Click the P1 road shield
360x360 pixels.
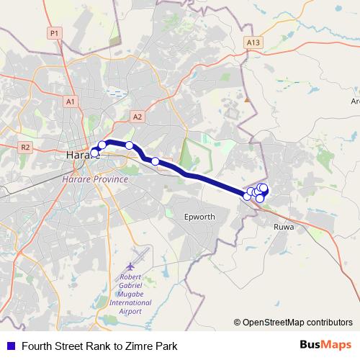tap(53, 32)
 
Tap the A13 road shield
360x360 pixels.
tap(252, 42)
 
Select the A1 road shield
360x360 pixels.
tap(71, 102)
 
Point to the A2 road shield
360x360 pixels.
tap(138, 116)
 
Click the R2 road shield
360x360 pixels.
tap(26, 147)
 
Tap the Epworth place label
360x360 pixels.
tap(199, 216)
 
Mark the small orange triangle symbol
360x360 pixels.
tap(247, 100)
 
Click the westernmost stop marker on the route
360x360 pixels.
tap(94, 153)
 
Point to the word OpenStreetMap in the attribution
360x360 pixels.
tap(274, 322)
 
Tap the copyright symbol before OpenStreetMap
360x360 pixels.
tap(238, 322)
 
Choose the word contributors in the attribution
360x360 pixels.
tap(329, 322)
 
